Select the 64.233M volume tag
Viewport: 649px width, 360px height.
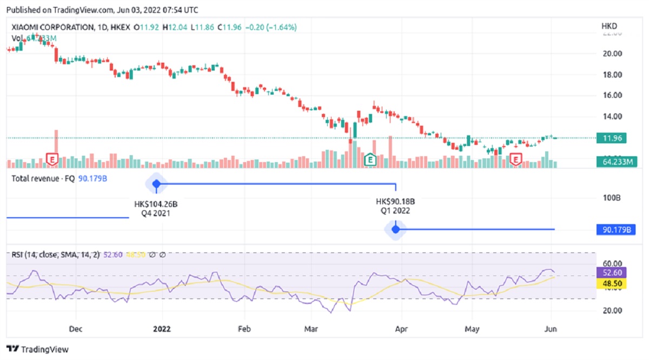tap(615, 161)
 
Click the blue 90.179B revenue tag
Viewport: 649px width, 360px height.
tap(615, 230)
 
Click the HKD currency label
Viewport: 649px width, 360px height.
tap(610, 26)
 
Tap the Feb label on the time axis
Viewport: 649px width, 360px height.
tap(244, 328)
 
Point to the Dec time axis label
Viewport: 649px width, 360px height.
tap(76, 328)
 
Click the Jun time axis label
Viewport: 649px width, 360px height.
tap(552, 328)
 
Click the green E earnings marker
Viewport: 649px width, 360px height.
tap(370, 159)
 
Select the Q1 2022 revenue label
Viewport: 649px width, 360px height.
tap(395, 211)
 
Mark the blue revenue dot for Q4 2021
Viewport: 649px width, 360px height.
tap(156, 184)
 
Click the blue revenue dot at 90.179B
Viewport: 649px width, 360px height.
tap(395, 230)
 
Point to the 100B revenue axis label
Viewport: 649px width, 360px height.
tap(611, 198)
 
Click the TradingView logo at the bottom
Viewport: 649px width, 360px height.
tap(37, 349)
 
